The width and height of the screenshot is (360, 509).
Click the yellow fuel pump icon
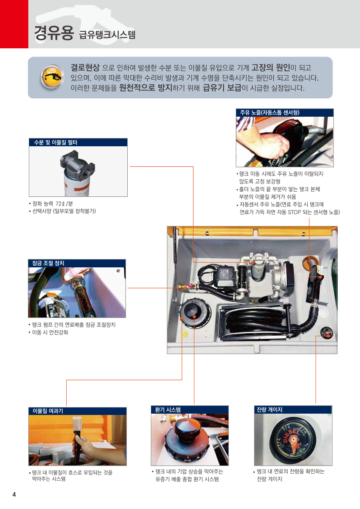(52, 77)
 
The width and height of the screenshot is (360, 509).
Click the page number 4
(14, 494)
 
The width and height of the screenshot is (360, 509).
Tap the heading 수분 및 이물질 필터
(55, 142)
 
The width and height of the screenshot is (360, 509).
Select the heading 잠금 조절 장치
(48, 263)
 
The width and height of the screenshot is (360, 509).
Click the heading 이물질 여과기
(48, 411)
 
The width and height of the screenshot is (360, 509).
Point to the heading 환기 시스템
(168, 410)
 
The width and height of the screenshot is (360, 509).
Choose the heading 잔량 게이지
(269, 410)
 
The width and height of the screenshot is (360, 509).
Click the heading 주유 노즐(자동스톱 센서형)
(270, 112)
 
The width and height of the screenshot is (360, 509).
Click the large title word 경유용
(54, 34)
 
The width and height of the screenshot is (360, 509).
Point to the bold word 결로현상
(85, 67)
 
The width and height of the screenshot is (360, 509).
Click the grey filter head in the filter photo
(78, 163)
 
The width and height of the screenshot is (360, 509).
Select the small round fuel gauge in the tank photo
(326, 332)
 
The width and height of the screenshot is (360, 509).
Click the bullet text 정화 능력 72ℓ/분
(52, 203)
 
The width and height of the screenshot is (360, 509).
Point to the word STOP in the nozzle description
(294, 212)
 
